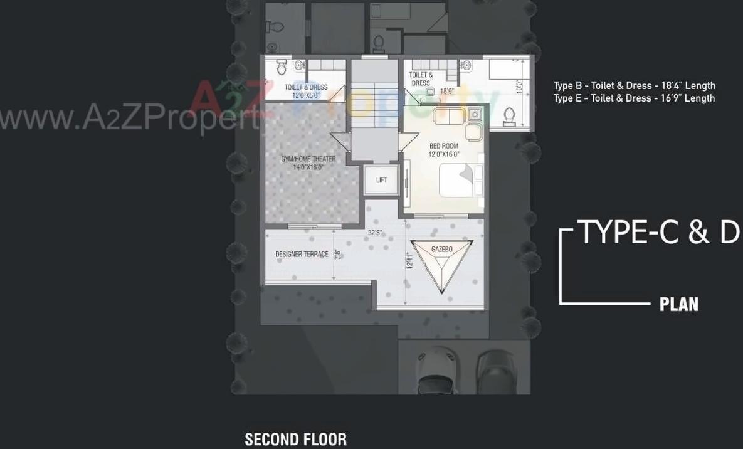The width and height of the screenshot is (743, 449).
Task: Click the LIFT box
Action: pyautogui.click(x=381, y=180)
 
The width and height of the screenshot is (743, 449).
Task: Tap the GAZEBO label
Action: pyautogui.click(x=441, y=250)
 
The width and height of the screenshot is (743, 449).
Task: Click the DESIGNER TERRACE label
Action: pyautogui.click(x=302, y=255)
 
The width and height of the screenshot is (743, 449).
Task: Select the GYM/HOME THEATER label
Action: pyautogui.click(x=308, y=159)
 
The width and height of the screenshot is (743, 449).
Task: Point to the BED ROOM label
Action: pyautogui.click(x=443, y=146)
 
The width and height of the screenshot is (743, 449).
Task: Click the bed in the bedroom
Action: pyautogui.click(x=460, y=180)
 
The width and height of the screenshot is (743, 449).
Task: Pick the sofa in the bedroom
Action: pyautogui.click(x=448, y=115)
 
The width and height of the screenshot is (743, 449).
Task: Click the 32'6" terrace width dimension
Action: pyautogui.click(x=375, y=233)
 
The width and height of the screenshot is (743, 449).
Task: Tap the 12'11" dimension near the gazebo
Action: pyautogui.click(x=409, y=260)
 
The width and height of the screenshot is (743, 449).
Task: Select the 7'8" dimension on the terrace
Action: pyautogui.click(x=337, y=254)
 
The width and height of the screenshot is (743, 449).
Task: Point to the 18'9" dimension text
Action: pyautogui.click(x=446, y=92)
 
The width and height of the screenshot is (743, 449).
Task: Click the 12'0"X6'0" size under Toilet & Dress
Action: pyautogui.click(x=306, y=95)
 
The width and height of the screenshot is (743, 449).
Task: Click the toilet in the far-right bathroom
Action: pyautogui.click(x=509, y=116)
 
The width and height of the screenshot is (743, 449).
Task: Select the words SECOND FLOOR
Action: pyautogui.click(x=295, y=440)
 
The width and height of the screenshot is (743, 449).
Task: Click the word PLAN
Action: pyautogui.click(x=678, y=305)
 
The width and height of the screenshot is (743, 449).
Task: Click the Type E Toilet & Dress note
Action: pyautogui.click(x=633, y=98)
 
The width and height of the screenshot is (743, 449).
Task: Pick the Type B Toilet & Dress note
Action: pyautogui.click(x=633, y=86)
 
